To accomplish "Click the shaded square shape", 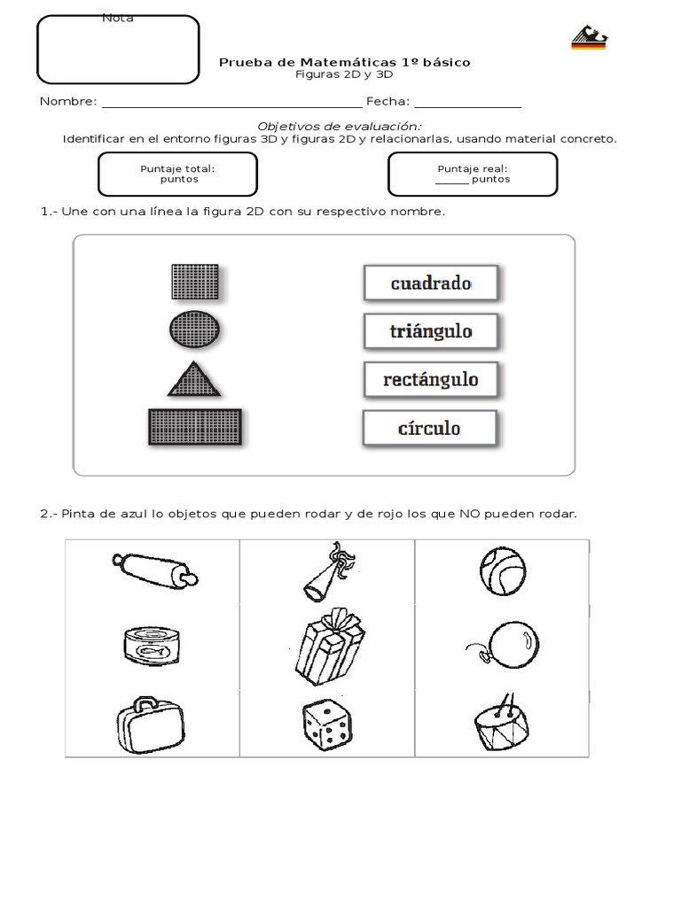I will (x=194, y=282).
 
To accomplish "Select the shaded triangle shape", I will (x=193, y=378).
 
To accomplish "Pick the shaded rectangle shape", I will (x=194, y=427).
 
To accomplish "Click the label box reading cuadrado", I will (x=430, y=283).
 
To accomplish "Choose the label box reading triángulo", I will (x=430, y=331).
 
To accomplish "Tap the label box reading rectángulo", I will (x=430, y=379).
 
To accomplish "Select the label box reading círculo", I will (x=429, y=428).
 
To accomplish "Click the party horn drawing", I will (x=327, y=572).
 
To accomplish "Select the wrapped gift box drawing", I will (x=328, y=647).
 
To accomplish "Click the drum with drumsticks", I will (x=502, y=723).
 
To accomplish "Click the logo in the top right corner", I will (x=589, y=38).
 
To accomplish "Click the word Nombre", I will (x=67, y=102).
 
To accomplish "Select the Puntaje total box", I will (x=177, y=174).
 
